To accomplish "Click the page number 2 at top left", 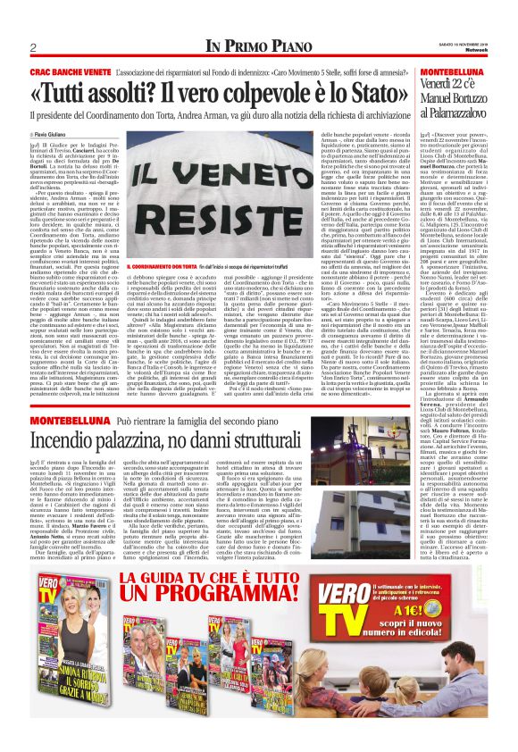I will click(33, 47).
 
